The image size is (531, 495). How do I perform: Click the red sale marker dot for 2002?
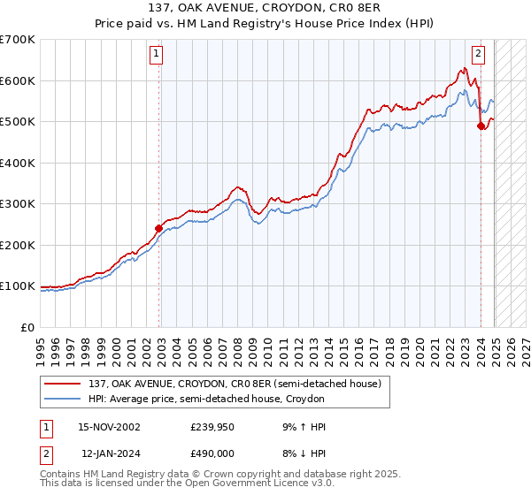tap(159, 228)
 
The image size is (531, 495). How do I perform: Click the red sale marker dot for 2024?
tap(481, 126)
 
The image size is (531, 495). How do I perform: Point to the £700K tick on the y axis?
tap(18, 40)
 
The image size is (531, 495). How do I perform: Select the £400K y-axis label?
tap(18, 163)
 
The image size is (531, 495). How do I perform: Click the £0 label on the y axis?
tap(27, 327)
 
